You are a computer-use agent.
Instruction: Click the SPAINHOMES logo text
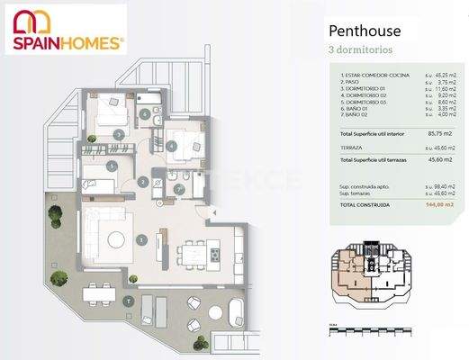tap(68, 41)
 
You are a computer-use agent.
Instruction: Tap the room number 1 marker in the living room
tap(142, 239)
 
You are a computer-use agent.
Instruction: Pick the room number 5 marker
tap(110, 166)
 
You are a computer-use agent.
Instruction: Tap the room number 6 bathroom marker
tap(145, 114)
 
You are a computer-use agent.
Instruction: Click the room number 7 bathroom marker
tap(177, 188)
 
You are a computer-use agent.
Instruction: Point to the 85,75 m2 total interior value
tap(443, 133)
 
